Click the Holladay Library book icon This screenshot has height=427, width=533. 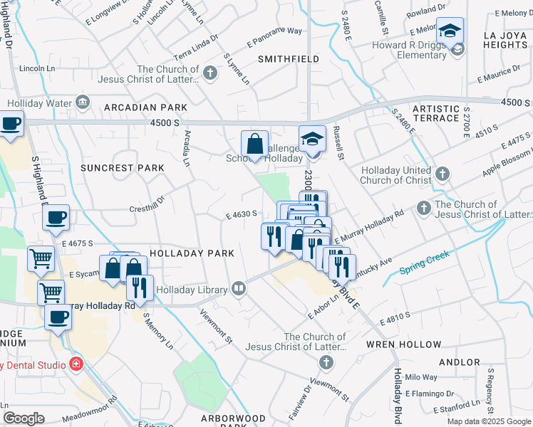click(x=239, y=289)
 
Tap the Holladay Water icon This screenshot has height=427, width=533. click(x=83, y=103)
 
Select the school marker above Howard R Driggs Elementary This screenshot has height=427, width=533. click(x=450, y=32)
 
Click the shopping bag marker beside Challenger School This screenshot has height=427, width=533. click(x=254, y=144)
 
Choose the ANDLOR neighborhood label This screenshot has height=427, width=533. click(x=460, y=362)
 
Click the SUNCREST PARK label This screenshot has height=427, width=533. click(x=122, y=168)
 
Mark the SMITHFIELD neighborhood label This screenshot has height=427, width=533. click(x=289, y=59)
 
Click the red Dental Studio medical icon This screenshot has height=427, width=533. click(x=76, y=364)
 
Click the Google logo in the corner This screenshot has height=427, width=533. click(x=24, y=418)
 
